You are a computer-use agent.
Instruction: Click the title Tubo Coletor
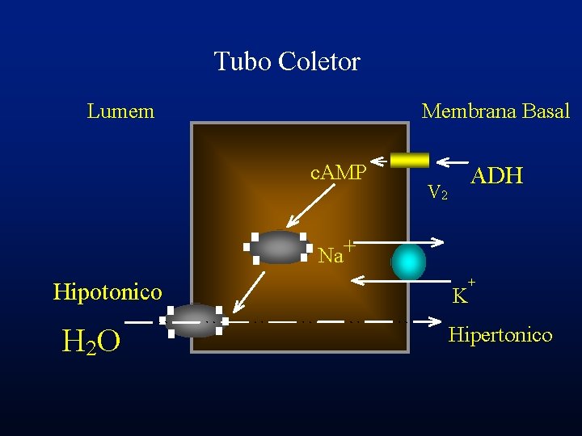pos(287,61)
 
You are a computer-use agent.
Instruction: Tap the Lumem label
pos(120,111)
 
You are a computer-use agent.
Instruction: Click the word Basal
pos(546,111)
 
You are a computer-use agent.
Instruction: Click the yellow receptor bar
pos(410,160)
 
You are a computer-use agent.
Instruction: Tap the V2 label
pos(437,192)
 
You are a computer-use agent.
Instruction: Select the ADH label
pos(496,175)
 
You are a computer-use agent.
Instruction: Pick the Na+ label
pos(334,254)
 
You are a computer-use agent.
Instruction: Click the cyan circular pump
pos(408,262)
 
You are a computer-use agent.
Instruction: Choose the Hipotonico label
pos(108,291)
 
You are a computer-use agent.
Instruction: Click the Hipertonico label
pos(500,334)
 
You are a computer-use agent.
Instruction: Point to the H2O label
pos(91,342)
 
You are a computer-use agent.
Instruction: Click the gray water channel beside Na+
pos(280,248)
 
